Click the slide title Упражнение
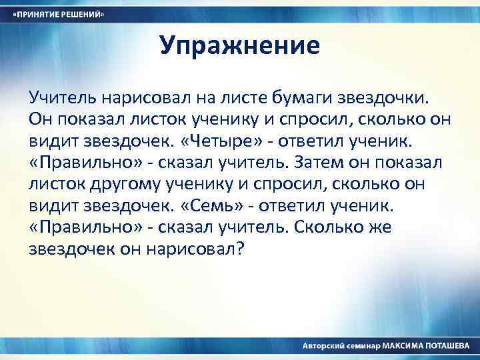click(240, 46)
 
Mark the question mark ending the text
click(241, 248)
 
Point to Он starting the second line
click(39, 120)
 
